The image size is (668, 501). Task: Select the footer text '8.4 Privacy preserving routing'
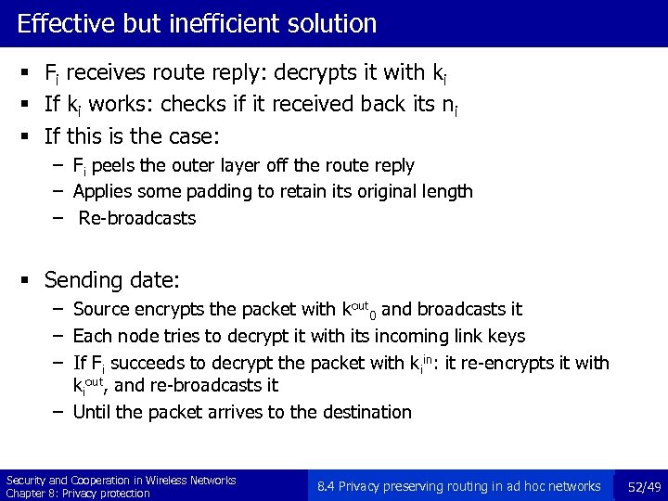pos(408,485)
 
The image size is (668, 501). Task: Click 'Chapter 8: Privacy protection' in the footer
pos(78,493)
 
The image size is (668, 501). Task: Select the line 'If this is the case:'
pos(132,137)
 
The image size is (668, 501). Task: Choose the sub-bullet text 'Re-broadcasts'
pos(137,218)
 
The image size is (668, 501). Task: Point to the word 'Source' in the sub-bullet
pos(100,309)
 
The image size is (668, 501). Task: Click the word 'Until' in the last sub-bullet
pos(90,411)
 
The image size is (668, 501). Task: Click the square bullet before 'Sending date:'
pos(31,280)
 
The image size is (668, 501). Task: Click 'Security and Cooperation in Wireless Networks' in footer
pos(121,479)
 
